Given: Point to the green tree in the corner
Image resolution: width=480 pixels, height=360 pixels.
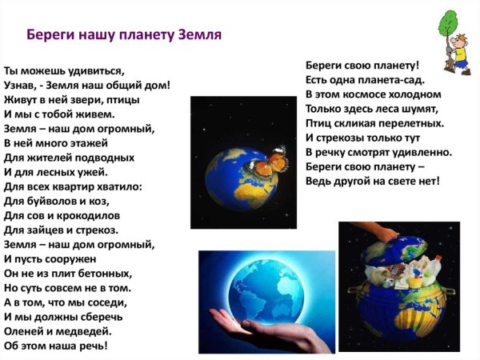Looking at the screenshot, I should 446,26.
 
